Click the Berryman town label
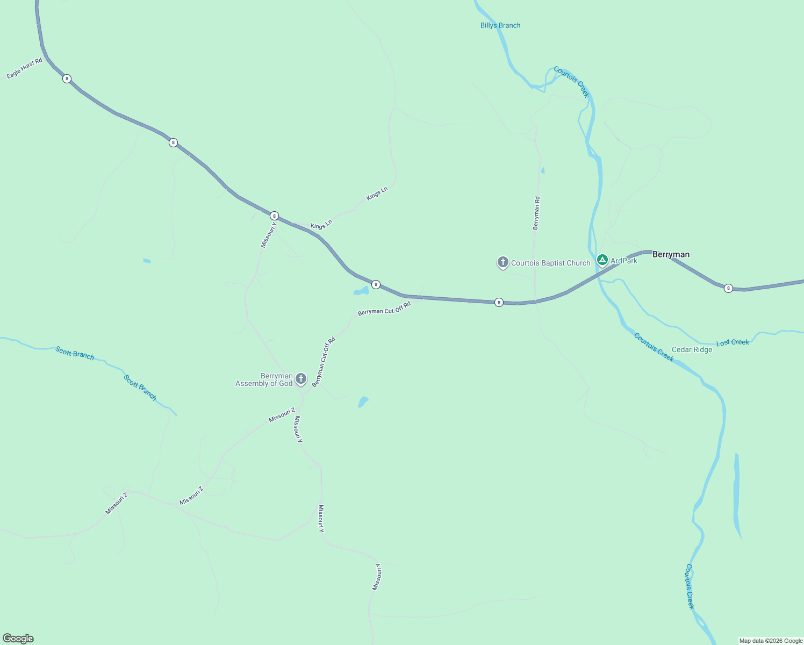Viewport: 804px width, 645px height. point(671,254)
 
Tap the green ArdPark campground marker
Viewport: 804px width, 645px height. point(602,261)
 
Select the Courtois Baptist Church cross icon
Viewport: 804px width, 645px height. point(503,262)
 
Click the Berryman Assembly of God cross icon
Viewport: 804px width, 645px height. point(301,379)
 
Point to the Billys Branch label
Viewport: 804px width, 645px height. point(500,25)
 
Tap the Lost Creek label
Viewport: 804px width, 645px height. point(733,342)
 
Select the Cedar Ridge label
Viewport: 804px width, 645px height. point(692,349)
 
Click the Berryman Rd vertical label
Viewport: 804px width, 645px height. point(536,213)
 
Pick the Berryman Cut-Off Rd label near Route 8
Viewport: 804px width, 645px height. point(384,309)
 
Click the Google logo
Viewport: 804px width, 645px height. point(18,639)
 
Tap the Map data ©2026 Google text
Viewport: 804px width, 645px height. point(770,641)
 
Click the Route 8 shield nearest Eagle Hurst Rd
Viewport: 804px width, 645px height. point(67,78)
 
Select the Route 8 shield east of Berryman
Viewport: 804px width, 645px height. point(728,288)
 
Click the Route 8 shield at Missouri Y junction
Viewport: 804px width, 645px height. point(274,216)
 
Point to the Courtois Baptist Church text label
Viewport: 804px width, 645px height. point(550,263)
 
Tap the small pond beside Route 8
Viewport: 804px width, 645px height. point(361,291)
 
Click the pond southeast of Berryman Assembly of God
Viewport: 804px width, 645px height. point(363,402)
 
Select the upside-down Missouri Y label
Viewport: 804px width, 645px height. point(377,577)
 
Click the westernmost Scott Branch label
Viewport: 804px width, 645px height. point(75,353)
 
